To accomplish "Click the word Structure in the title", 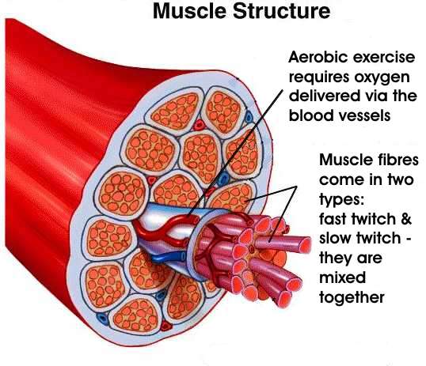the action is click(281, 11).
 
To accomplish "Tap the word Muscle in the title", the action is click(189, 11).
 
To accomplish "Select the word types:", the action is click(341, 200).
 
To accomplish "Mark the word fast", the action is click(333, 219).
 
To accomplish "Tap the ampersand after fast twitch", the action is click(406, 219).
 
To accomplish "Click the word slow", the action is click(335, 238).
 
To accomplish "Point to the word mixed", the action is click(342, 277).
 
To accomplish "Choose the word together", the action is click(352, 298).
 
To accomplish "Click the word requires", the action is click(318, 78).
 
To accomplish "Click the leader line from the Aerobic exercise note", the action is click(235, 153).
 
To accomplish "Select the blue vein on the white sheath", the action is click(169, 257).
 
